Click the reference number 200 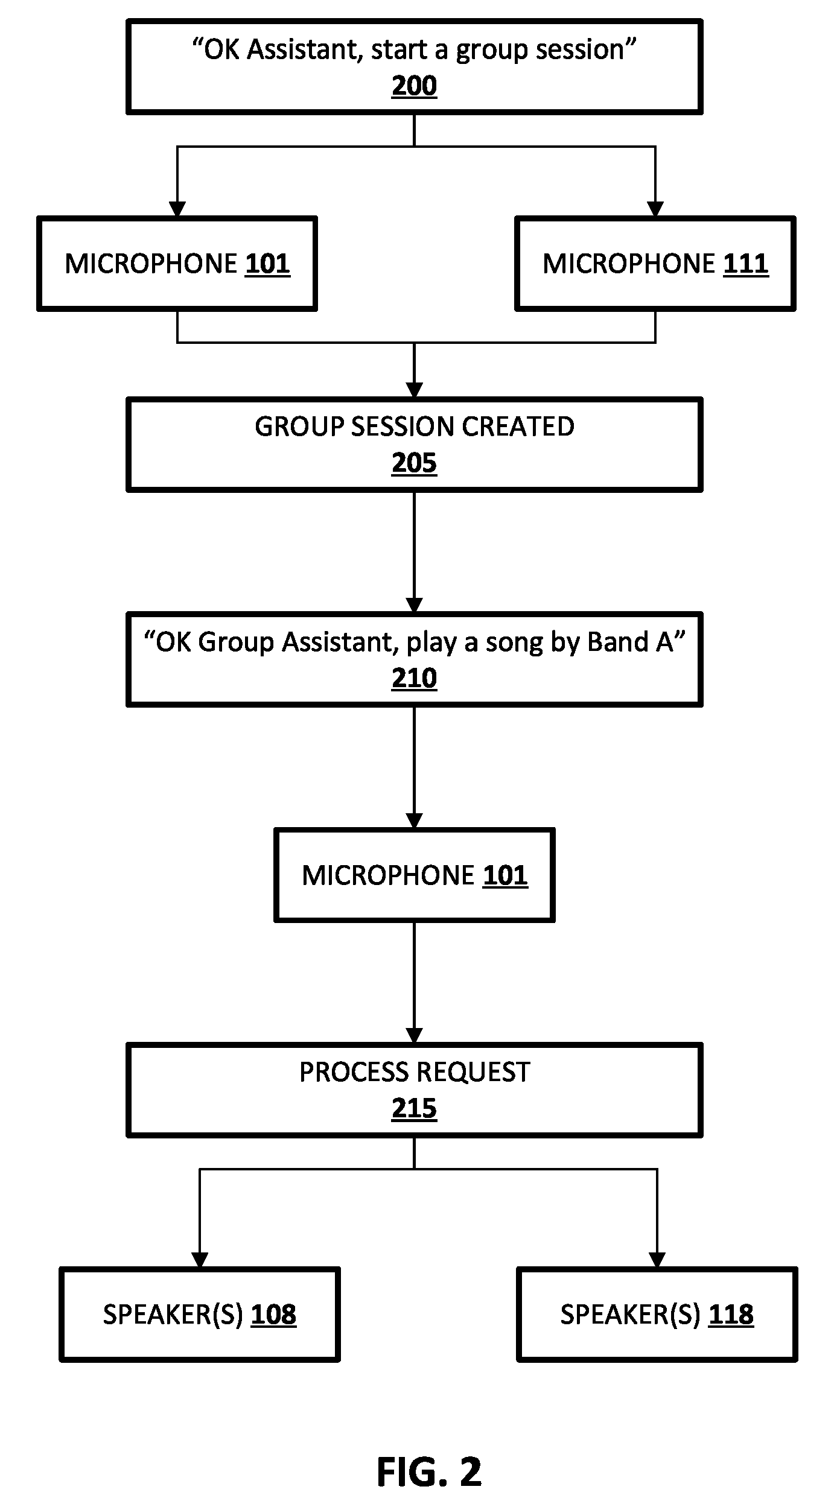coord(414,86)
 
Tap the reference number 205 coord(414,463)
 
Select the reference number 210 coord(414,678)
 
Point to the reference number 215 coord(414,1108)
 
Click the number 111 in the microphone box coord(746,264)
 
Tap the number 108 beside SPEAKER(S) coord(273,1315)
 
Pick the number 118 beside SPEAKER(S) coord(731,1315)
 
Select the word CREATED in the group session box coord(518,427)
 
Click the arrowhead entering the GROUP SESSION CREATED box coord(414,390)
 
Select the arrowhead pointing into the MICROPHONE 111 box coord(655,209)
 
